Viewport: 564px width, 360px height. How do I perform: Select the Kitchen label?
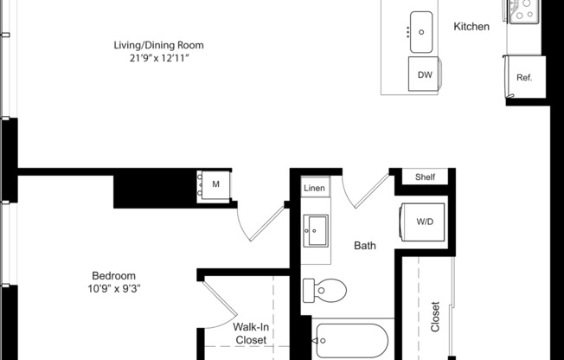tap(471, 27)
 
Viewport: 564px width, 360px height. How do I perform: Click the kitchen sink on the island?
tap(420, 32)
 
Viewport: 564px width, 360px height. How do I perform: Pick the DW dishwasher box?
tap(425, 75)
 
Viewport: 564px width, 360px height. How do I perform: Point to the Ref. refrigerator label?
tap(524, 78)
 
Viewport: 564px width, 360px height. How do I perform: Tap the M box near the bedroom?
tap(215, 184)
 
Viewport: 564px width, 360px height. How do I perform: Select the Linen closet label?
tap(314, 189)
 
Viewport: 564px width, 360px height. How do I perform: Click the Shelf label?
tap(425, 177)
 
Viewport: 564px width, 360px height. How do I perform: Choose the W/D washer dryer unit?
tap(424, 222)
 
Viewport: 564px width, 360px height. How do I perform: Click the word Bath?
tap(365, 246)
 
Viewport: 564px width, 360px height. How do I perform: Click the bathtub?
tap(355, 339)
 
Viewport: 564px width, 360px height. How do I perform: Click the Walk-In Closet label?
tap(250, 333)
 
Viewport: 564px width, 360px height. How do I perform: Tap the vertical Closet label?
tap(435, 317)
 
